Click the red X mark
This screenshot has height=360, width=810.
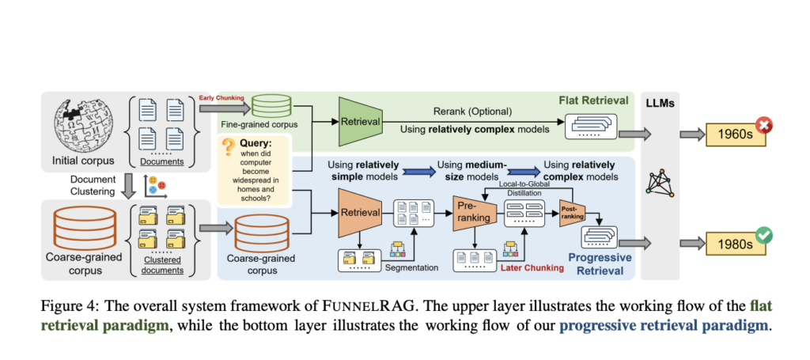click(x=764, y=125)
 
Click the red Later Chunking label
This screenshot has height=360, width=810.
click(x=531, y=267)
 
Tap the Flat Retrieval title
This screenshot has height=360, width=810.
click(x=594, y=100)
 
